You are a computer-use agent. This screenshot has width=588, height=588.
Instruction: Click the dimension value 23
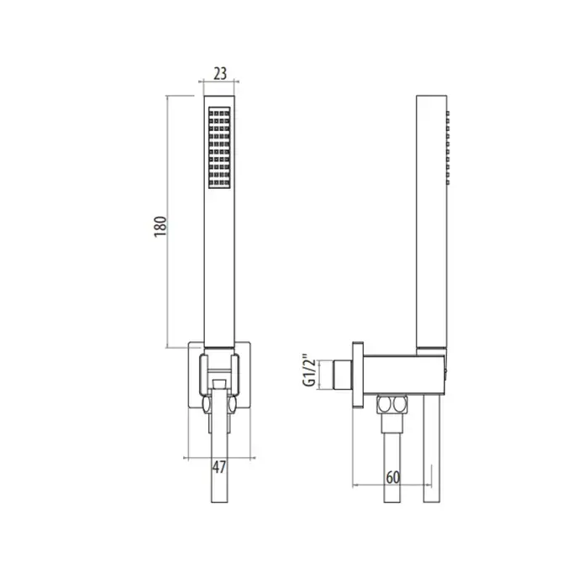point(220,74)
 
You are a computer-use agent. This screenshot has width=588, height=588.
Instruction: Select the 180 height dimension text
point(160,227)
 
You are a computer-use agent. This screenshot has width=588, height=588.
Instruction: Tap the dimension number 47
point(219,467)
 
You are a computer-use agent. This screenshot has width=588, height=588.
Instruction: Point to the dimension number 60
point(392,478)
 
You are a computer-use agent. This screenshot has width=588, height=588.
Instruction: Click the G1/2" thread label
point(310,370)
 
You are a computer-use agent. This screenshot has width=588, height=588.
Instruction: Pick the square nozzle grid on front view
point(219,147)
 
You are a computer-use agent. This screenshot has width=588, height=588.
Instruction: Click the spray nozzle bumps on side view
point(448,147)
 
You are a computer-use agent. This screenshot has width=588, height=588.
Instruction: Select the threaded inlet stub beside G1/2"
point(343,375)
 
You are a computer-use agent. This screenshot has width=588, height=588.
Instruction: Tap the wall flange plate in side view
point(358,375)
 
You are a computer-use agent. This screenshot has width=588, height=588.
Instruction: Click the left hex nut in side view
point(384,405)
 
